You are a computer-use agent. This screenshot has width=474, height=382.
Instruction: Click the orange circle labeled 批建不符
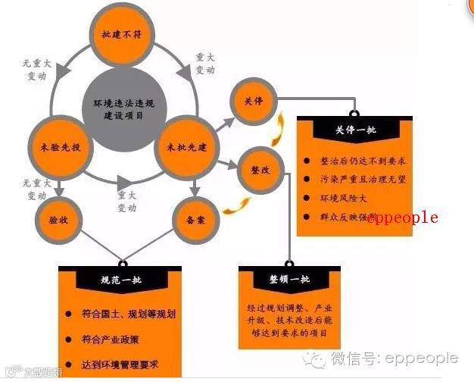click(x=120, y=35)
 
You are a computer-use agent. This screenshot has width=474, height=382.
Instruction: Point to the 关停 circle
click(x=253, y=101)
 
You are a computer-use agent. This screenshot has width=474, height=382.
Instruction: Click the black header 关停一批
click(x=354, y=130)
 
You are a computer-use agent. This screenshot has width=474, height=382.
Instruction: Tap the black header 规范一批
click(x=120, y=280)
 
